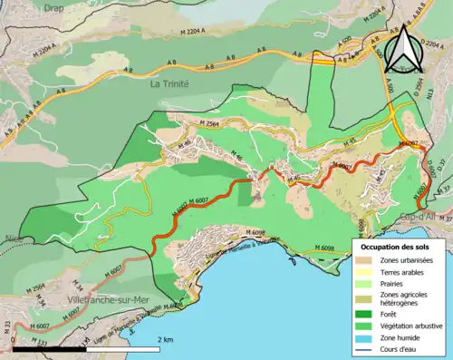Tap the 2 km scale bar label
(165, 338)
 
